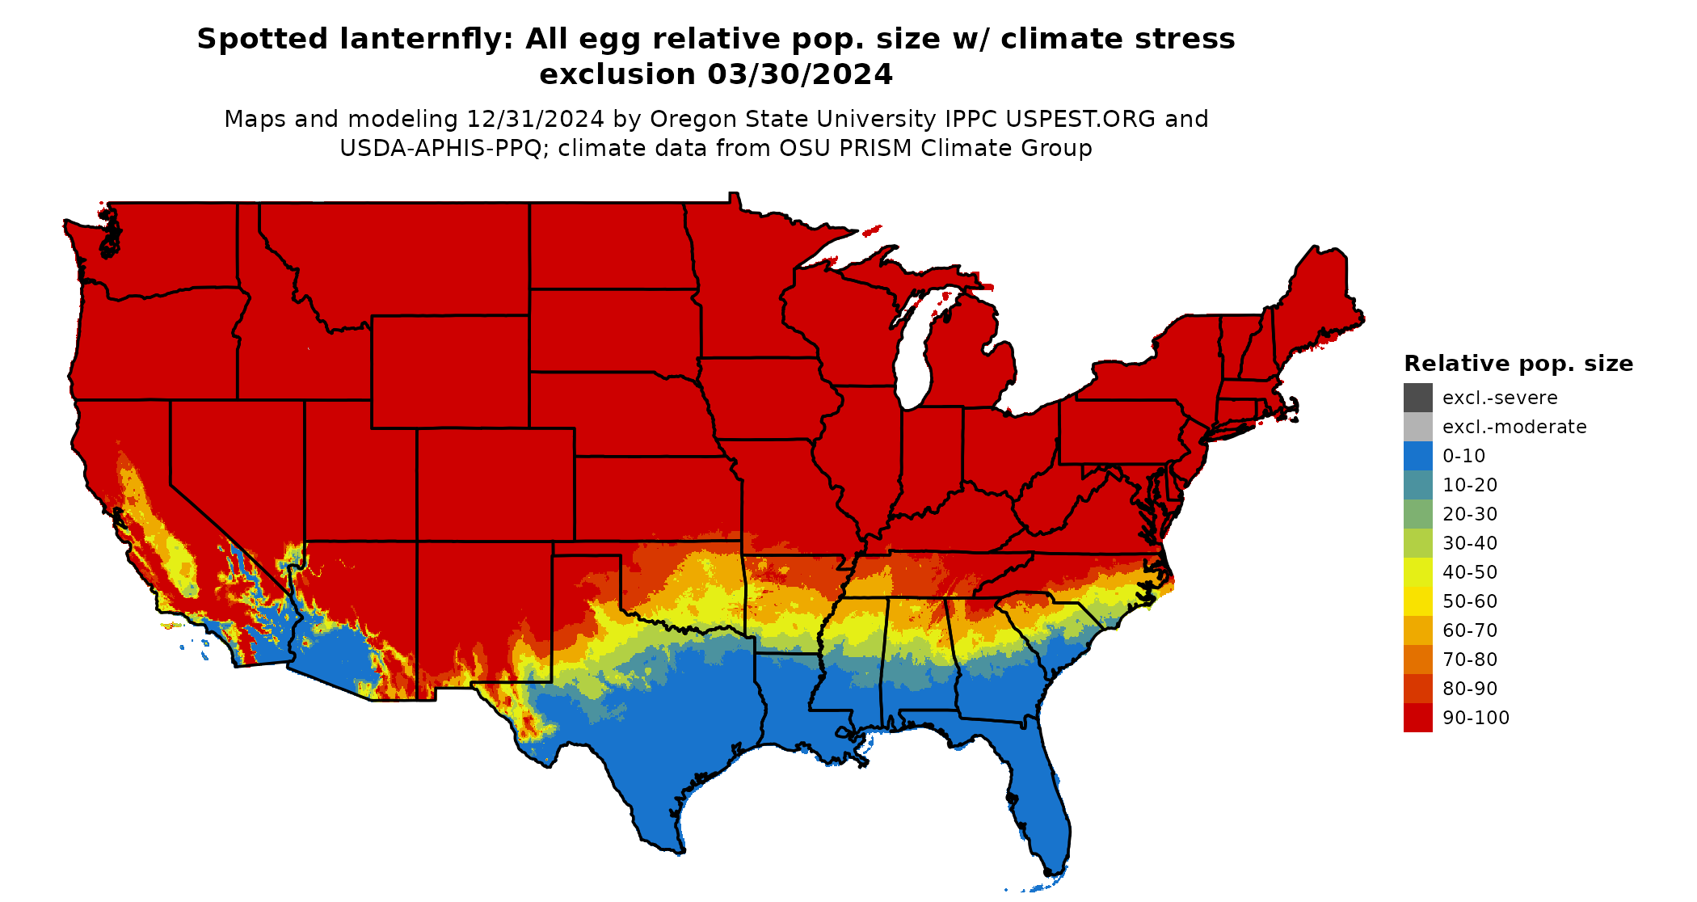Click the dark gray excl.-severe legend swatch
tap(1417, 398)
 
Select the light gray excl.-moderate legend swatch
tap(1417, 427)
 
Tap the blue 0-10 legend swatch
tap(1417, 456)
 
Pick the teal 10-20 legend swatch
tap(1417, 485)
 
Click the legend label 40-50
tap(1469, 572)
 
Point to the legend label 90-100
tap(1476, 718)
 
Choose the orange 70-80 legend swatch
tap(1417, 660)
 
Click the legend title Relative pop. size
tap(1518, 364)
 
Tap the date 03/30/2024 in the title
tap(800, 74)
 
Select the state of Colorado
tap(495, 484)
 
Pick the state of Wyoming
tap(450, 371)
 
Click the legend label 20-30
tap(1469, 514)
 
